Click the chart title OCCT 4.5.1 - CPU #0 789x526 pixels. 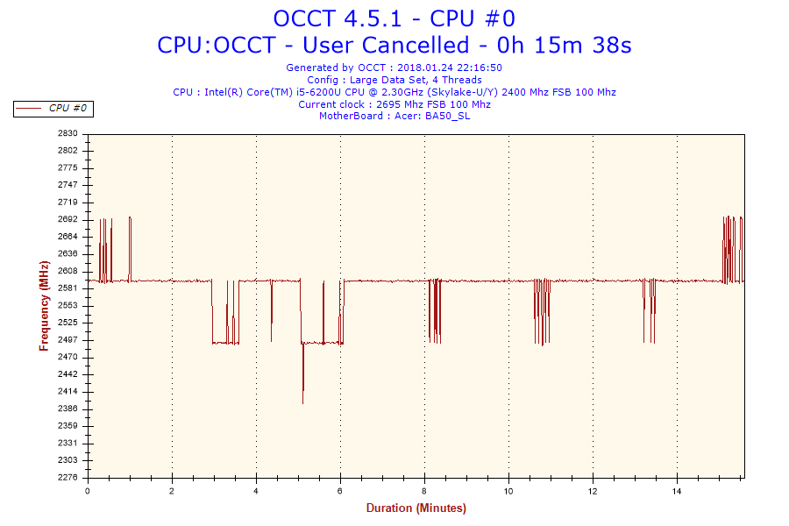click(x=394, y=18)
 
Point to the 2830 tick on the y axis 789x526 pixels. click(x=68, y=133)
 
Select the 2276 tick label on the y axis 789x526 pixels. click(x=68, y=477)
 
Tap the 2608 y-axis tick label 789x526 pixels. click(x=68, y=271)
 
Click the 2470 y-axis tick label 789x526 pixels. click(x=68, y=357)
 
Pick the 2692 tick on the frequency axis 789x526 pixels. click(x=68, y=219)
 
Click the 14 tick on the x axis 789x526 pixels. click(x=677, y=490)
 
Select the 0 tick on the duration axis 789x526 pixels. click(x=88, y=490)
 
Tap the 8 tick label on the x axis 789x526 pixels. click(x=424, y=490)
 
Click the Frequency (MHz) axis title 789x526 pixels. click(x=44, y=305)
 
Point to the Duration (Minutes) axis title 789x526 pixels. click(x=416, y=508)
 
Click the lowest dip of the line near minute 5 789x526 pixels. click(x=303, y=402)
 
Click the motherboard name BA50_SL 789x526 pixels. click(x=447, y=117)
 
